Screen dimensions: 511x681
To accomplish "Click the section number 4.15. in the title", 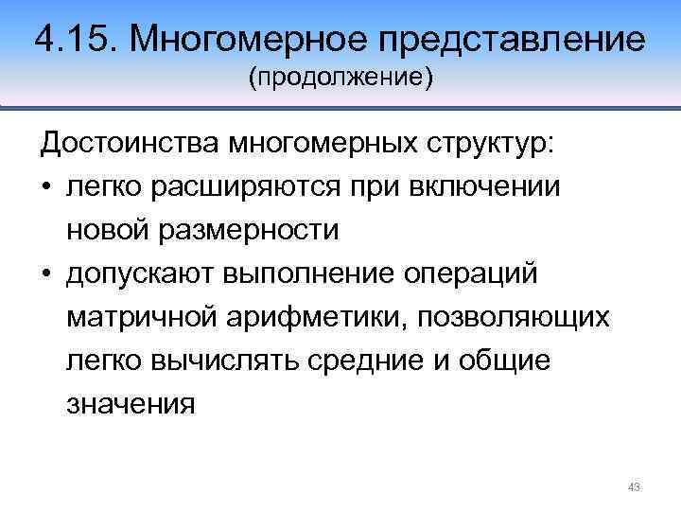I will [76, 40].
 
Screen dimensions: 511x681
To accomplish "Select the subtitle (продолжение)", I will [340, 79].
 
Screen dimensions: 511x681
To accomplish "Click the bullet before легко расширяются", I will [46, 187].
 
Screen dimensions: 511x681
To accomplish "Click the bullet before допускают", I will [46, 274].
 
